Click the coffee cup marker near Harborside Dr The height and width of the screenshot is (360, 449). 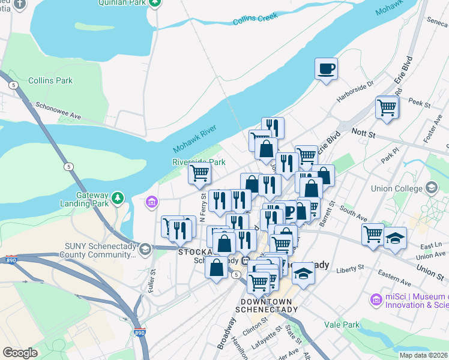coord(327,68)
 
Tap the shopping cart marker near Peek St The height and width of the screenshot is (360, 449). coord(387,108)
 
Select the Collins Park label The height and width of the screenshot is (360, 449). coord(50,80)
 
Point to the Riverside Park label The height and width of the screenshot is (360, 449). coord(199,162)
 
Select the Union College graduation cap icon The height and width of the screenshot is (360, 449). coord(431,188)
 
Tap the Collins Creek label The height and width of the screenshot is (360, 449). coord(255,20)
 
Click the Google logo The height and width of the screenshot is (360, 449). coord(20,353)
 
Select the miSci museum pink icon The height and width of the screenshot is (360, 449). coord(376,299)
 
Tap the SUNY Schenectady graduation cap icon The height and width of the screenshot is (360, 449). coord(145,248)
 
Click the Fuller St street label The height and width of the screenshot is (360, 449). coord(152,280)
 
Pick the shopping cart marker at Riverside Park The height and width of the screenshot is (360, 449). coord(199,173)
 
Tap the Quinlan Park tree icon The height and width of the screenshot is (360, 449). coord(155,2)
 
